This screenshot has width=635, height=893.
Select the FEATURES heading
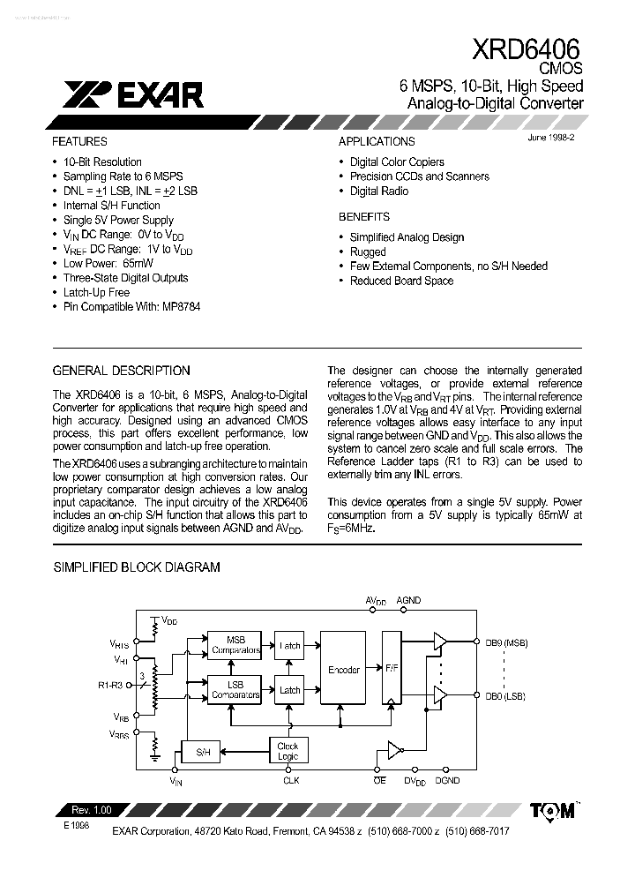click(x=79, y=141)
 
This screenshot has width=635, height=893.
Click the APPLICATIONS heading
click(x=377, y=141)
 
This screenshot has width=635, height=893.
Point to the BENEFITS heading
click(x=363, y=216)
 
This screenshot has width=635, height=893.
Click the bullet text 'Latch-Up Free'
click(x=96, y=292)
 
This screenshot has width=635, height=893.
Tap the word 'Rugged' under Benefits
click(x=368, y=251)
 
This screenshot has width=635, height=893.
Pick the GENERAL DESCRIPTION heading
click(x=121, y=371)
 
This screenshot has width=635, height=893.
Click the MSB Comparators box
click(x=235, y=645)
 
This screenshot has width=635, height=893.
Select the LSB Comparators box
click(x=235, y=690)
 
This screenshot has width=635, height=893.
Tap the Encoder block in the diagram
click(x=343, y=670)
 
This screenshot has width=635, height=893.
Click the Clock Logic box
click(x=288, y=750)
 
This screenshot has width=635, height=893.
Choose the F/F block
click(x=392, y=668)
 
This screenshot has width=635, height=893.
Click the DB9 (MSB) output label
click(x=506, y=643)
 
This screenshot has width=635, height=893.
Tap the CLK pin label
click(x=291, y=781)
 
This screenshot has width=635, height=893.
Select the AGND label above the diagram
click(x=408, y=600)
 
